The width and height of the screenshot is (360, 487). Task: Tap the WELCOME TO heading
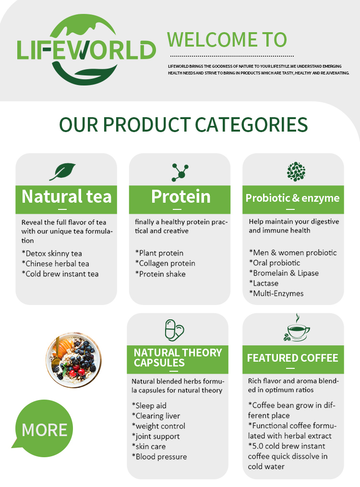coord(227,39)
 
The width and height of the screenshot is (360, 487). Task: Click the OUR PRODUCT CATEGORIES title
coord(183,124)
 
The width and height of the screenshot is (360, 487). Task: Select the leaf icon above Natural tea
coord(65,171)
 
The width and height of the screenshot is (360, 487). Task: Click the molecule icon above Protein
coord(180,172)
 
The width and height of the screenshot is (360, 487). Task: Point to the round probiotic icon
coord(296,171)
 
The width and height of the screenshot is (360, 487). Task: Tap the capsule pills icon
coord(174,329)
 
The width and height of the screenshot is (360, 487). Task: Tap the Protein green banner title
coord(180,197)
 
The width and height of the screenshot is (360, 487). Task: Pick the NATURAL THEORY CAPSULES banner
coord(178,358)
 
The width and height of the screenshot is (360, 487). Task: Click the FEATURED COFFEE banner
coord(293,358)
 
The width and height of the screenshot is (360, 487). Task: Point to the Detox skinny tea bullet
coord(52,254)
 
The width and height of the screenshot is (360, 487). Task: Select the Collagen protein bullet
coord(165,264)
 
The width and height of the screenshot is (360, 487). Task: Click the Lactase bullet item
coord(264,283)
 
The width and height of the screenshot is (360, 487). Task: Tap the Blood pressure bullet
coord(159,457)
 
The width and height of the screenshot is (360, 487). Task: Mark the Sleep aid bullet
coord(149,406)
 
